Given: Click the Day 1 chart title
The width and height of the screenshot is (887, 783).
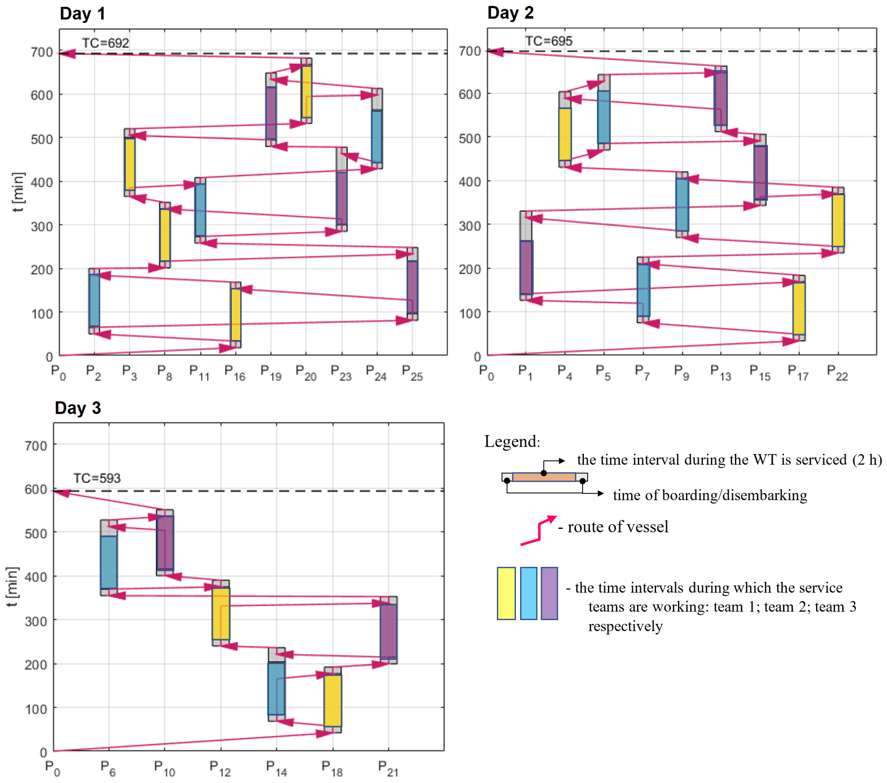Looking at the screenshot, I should (83, 14).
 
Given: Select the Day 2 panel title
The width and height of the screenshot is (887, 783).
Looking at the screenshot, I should (510, 13).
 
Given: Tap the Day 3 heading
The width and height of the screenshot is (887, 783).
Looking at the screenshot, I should (78, 408).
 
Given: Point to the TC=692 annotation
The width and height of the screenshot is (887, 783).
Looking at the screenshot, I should (105, 43).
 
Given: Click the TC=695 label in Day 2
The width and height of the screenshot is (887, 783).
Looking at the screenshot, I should (549, 41).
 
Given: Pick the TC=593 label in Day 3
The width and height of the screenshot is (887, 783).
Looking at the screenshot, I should (97, 478).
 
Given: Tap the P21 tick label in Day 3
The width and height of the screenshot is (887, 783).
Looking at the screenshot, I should (388, 768).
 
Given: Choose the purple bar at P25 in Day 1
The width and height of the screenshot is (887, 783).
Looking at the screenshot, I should (412, 287).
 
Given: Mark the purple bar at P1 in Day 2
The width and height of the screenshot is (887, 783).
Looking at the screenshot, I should (526, 267).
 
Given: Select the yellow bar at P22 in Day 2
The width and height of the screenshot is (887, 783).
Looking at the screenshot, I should (838, 220).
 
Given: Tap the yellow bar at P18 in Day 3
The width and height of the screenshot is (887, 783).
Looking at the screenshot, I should (333, 700).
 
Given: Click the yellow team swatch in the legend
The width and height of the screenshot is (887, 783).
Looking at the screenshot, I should (506, 593).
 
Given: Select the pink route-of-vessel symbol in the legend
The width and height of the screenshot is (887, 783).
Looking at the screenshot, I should (539, 530).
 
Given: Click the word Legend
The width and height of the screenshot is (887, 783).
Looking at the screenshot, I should (512, 441).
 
